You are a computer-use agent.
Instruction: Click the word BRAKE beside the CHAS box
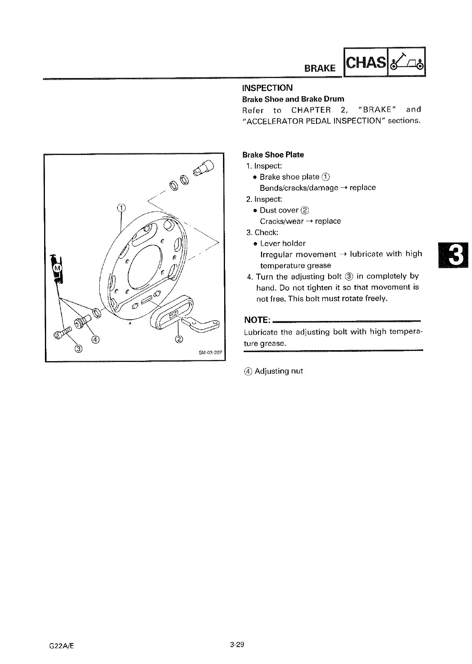[320, 68]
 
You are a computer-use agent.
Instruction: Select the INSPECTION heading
[267, 88]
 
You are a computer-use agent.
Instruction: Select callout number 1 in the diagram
[122, 208]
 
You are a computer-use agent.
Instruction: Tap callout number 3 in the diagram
[79, 348]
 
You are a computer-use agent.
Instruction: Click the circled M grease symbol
[57, 268]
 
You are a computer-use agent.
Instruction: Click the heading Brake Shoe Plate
[273, 155]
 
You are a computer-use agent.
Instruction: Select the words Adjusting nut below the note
[279, 371]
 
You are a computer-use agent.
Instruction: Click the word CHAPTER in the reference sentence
[311, 110]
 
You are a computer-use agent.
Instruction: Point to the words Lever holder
[282, 243]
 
